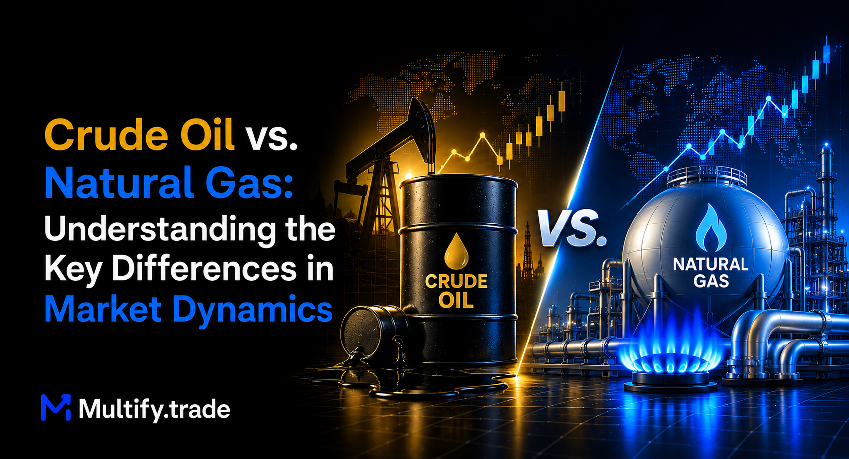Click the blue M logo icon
click(56, 407)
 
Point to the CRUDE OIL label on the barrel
click(456, 291)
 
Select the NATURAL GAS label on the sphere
click(711, 273)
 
